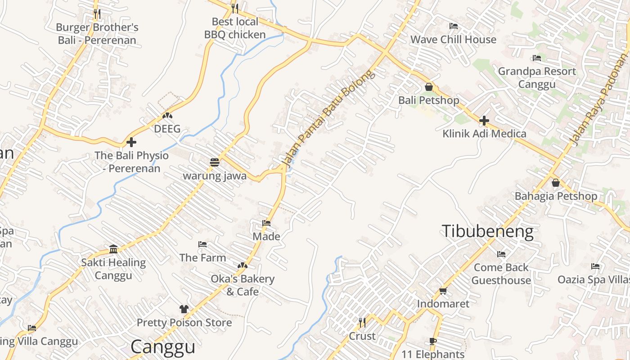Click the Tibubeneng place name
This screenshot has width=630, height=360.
click(x=487, y=231)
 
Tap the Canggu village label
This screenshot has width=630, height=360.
click(x=163, y=347)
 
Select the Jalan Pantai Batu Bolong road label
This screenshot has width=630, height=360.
click(x=328, y=118)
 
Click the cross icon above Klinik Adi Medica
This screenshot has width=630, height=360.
click(x=484, y=121)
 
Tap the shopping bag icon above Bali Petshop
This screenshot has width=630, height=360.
click(x=429, y=87)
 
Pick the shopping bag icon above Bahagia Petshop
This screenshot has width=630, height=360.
click(x=556, y=183)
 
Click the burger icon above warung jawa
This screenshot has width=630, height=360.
click(x=215, y=162)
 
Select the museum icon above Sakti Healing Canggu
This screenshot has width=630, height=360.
click(x=113, y=249)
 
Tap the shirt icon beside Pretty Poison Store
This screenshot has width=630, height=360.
click(x=184, y=309)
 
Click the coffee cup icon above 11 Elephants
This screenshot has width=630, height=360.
click(x=433, y=342)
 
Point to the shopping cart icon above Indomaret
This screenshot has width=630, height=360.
click(x=443, y=291)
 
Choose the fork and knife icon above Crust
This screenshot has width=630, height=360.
click(x=362, y=323)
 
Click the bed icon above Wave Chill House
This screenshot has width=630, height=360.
click(x=454, y=26)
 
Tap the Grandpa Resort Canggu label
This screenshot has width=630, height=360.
click(x=536, y=77)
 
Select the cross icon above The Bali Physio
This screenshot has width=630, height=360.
click(x=131, y=142)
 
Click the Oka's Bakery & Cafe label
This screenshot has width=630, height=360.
click(x=243, y=285)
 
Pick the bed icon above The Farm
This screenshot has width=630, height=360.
click(x=202, y=244)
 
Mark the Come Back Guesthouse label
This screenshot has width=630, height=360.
click(x=501, y=274)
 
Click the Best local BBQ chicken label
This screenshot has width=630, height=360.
click(x=235, y=28)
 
